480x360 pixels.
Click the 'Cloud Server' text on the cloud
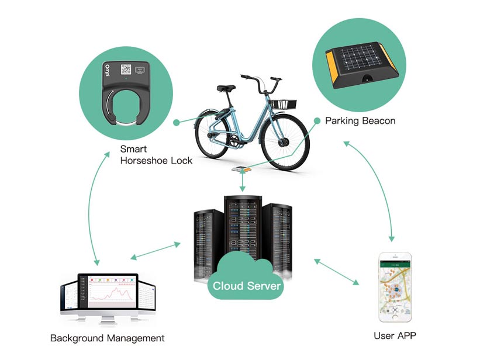[x=247, y=286]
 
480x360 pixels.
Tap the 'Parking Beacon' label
[x=360, y=121]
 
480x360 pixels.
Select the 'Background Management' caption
[x=108, y=338]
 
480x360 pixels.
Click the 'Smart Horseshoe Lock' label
[x=156, y=155]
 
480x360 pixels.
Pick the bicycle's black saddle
[x=226, y=89]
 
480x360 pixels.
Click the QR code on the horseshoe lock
[x=127, y=69]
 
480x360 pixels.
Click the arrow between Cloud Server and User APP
[x=336, y=272]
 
